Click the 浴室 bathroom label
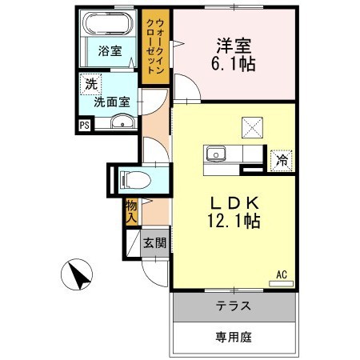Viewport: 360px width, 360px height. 110,51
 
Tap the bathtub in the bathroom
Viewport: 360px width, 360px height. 110,22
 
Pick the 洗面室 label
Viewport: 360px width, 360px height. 113,102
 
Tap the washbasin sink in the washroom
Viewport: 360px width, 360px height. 122,122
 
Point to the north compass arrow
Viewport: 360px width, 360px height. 78,277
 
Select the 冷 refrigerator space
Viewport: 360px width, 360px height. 282,160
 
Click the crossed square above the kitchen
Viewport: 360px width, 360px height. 253,126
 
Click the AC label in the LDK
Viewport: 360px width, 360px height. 282,274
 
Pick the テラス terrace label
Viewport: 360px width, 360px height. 234,306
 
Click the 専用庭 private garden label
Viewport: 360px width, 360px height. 234,337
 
